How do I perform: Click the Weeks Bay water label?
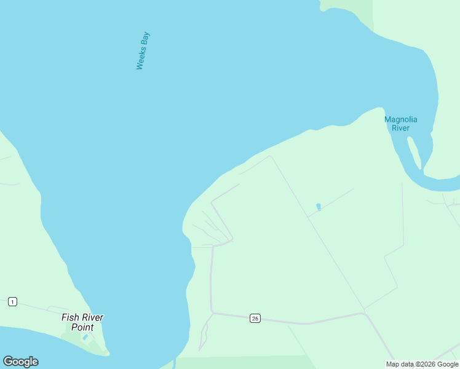(x=143, y=50)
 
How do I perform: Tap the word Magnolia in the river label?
(x=401, y=119)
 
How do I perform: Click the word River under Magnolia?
(x=401, y=128)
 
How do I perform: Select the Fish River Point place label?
(x=82, y=322)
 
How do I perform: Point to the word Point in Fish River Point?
(x=82, y=327)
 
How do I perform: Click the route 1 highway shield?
(x=12, y=301)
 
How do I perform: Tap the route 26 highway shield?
(x=255, y=318)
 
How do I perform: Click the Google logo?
(x=21, y=362)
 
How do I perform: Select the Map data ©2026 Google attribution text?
(x=422, y=364)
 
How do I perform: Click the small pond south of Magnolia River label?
(x=318, y=207)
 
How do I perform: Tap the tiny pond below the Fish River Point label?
(x=85, y=338)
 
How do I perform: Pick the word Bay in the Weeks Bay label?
(x=146, y=38)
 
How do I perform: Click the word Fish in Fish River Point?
(x=69, y=317)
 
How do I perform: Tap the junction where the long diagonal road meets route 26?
(x=365, y=313)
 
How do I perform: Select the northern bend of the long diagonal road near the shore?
(x=269, y=156)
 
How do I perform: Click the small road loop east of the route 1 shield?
(x=58, y=308)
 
